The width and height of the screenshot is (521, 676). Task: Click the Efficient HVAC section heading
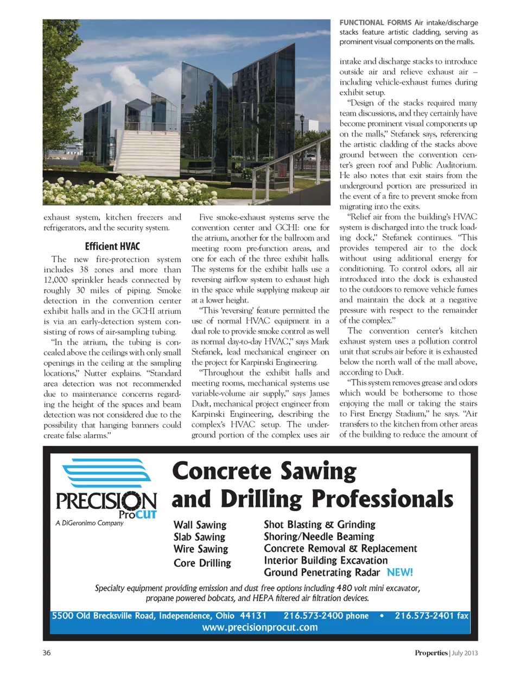(112, 246)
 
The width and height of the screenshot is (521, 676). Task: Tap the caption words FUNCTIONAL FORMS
(375, 22)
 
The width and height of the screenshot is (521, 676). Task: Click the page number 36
(47, 653)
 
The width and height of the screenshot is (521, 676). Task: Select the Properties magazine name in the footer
(431, 653)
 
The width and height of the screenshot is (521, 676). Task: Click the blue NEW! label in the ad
(400, 572)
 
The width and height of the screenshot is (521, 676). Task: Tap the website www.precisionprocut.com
(260, 627)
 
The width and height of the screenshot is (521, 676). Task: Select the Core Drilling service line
(202, 563)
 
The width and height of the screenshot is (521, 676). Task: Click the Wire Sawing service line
(201, 549)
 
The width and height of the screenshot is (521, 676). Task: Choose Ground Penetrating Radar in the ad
(322, 572)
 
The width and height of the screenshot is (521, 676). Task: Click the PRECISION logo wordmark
(106, 501)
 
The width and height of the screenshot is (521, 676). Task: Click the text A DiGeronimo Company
(90, 523)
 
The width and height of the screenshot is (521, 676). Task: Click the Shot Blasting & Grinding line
(320, 525)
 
